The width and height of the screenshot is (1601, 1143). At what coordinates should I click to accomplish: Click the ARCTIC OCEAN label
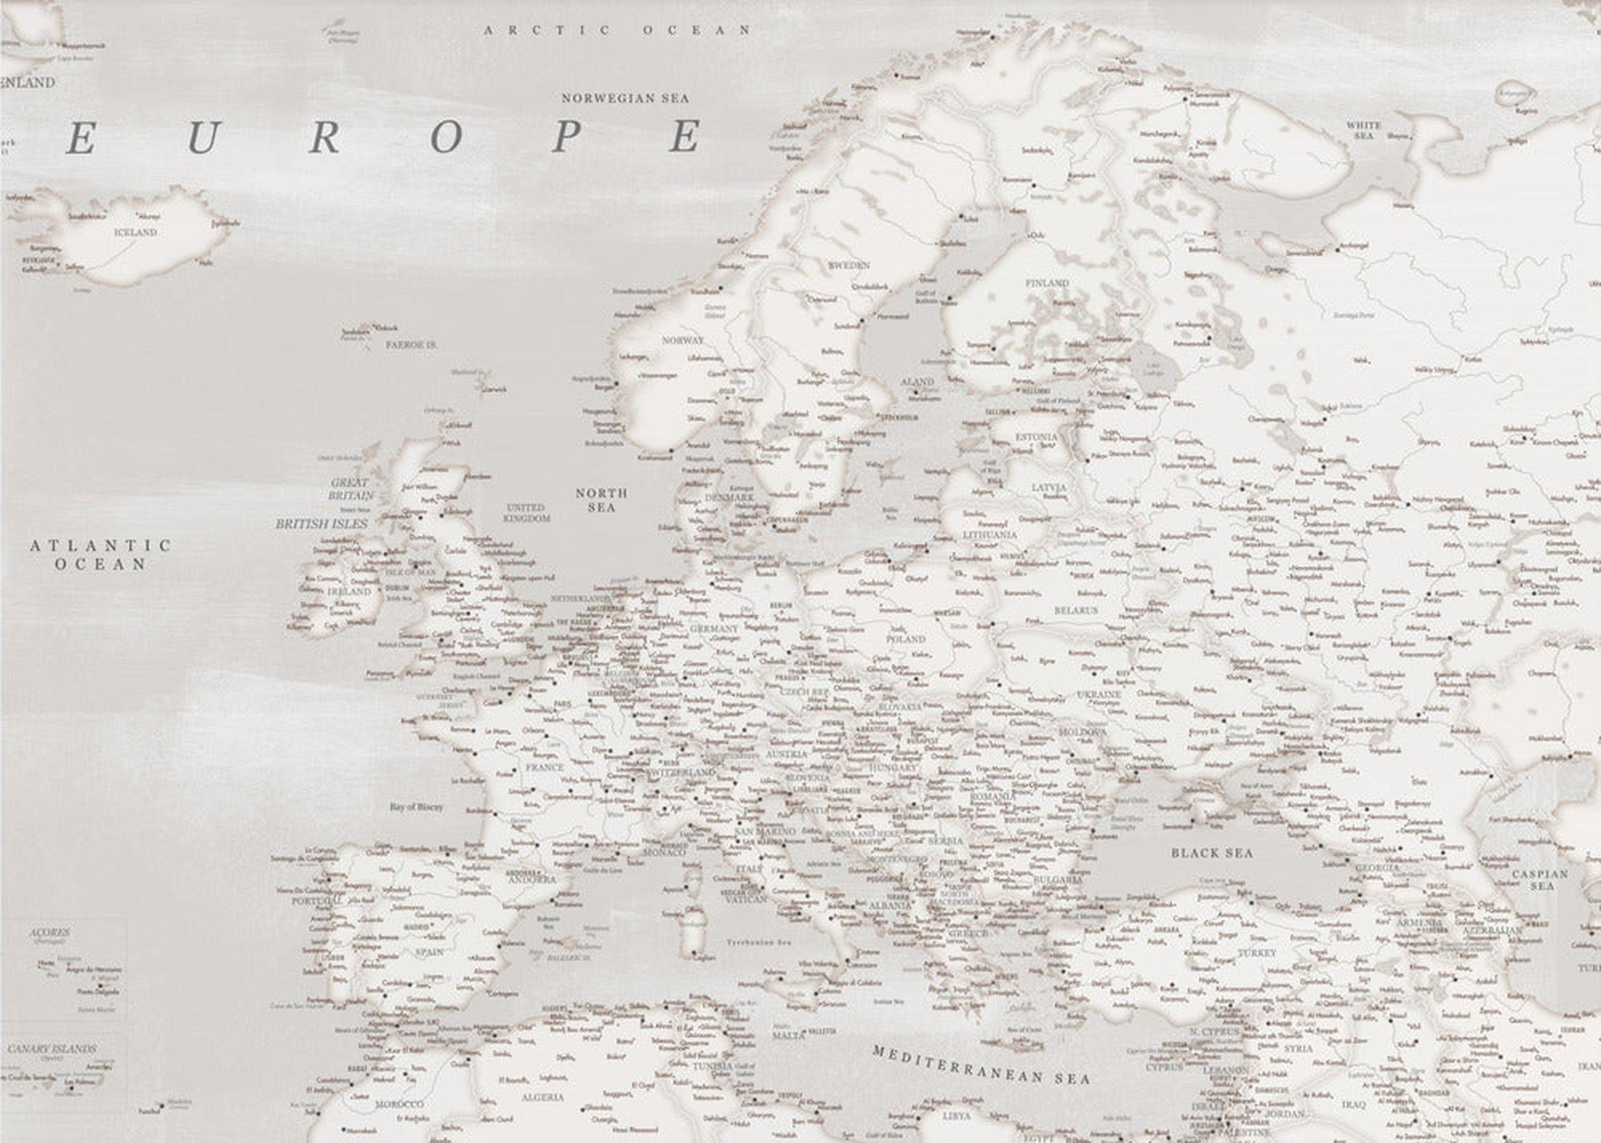617,30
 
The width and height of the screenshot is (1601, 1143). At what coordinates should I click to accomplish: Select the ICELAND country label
136,232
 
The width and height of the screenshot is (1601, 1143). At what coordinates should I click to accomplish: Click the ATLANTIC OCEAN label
100,555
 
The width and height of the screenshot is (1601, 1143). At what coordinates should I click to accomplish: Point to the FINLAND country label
1046,283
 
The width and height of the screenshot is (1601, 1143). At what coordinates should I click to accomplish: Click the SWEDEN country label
849,265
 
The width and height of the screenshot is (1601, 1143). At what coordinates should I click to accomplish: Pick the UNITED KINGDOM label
527,512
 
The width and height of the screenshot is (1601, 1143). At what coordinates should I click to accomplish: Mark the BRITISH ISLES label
321,524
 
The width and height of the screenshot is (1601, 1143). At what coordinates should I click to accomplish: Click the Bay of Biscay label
417,807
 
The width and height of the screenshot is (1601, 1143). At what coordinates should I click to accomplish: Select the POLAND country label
905,639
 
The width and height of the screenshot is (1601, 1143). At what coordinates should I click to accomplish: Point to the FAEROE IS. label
411,346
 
